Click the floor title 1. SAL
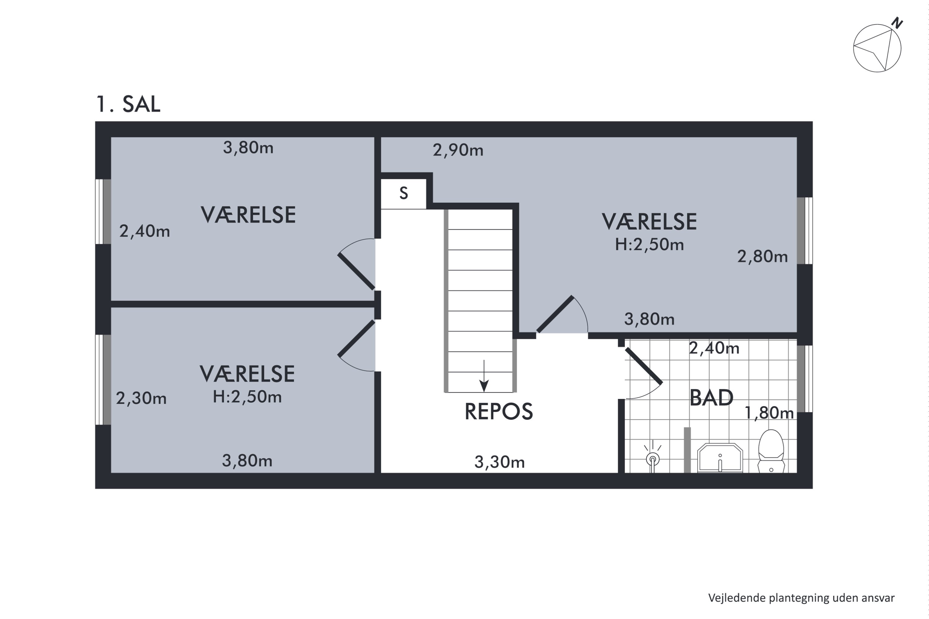[128, 104]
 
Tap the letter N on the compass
[898, 23]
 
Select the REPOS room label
[499, 411]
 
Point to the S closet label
[403, 193]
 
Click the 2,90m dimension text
[458, 150]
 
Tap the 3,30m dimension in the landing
[499, 462]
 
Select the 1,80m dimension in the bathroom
[769, 413]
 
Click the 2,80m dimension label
[762, 257]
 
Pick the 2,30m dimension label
[141, 398]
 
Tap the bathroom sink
[720, 458]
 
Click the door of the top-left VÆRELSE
[356, 272]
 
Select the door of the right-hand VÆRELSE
[555, 314]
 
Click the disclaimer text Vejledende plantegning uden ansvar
[801, 598]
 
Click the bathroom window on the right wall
[804, 379]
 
